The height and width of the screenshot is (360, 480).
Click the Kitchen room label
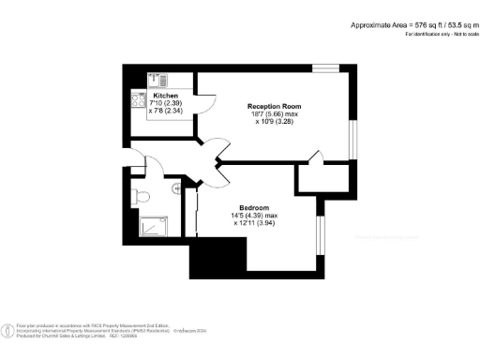(165, 97)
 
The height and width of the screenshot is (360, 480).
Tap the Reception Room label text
(273, 106)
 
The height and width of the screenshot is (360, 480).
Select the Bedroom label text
(254, 207)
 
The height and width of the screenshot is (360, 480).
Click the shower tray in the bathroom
(150, 226)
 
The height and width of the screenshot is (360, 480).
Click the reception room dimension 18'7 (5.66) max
(273, 113)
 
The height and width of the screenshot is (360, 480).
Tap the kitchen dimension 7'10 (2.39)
(165, 104)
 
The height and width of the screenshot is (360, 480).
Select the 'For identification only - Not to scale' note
(439, 34)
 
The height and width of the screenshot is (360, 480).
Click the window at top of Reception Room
(325, 67)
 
